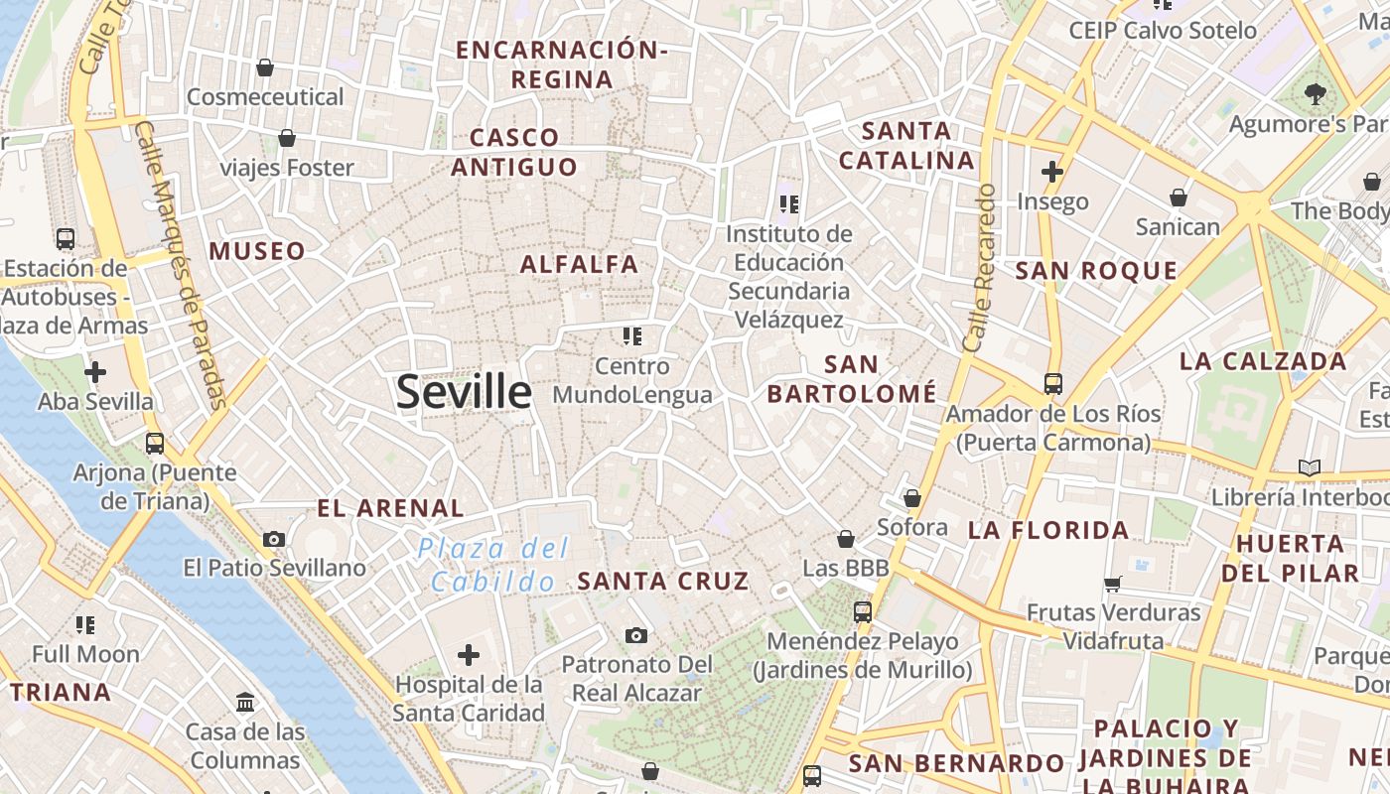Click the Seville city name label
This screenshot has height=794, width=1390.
[x=464, y=392]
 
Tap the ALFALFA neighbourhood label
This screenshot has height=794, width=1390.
[x=580, y=265]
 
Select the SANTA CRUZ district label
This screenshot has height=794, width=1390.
[x=663, y=582]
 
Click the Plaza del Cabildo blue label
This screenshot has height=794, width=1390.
[x=493, y=565]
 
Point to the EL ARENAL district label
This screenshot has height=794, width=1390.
[x=390, y=509]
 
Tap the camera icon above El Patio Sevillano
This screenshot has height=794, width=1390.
[x=275, y=540]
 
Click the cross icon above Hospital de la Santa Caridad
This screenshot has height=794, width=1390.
[x=469, y=655]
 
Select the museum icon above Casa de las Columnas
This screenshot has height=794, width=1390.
[x=245, y=703]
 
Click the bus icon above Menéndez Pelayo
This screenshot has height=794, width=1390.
[x=862, y=612]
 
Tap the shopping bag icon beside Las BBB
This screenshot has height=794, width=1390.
[x=846, y=539]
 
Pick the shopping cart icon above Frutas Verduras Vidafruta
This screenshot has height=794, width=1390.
[x=1113, y=584]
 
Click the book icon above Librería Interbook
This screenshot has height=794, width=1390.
[x=1310, y=467]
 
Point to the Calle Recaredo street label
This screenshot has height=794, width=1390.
[x=979, y=267]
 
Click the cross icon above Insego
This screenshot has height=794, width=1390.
[x=1052, y=172]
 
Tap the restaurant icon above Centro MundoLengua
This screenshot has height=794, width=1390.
[x=632, y=336]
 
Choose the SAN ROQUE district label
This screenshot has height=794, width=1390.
[x=1096, y=271]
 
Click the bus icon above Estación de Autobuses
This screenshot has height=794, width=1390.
[x=66, y=239]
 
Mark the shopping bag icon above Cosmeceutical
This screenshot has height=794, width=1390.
[x=265, y=67]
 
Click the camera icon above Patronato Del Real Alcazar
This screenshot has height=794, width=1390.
[x=636, y=635]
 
